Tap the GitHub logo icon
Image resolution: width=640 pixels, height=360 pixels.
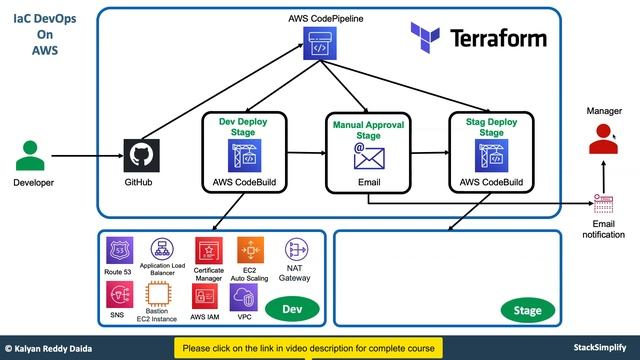click(140, 156)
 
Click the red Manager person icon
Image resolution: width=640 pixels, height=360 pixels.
click(601, 144)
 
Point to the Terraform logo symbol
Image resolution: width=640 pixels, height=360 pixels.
click(427, 38)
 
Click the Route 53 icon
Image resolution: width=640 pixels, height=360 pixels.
click(119, 250)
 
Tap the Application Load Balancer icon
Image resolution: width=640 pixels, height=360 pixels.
click(164, 249)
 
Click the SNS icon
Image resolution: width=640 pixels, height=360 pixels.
click(119, 294)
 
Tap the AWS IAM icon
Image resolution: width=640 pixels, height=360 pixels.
click(207, 296)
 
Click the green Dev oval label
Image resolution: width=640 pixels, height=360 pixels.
click(292, 309)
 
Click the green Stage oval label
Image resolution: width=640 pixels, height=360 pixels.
click(527, 310)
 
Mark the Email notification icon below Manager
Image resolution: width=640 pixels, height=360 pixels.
click(603, 204)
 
